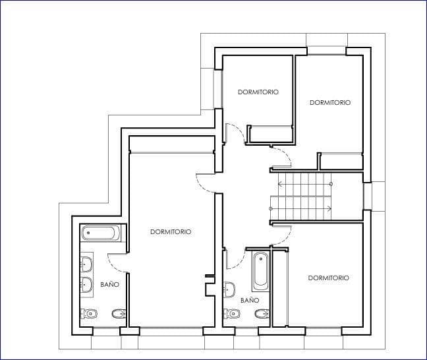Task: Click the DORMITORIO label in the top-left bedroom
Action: [x=258, y=92]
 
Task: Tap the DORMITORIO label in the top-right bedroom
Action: [x=329, y=103]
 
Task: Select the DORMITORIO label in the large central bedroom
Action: [x=171, y=232]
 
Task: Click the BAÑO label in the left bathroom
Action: [x=109, y=285]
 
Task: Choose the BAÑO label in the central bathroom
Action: [x=250, y=300]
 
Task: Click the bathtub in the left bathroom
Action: [x=101, y=233]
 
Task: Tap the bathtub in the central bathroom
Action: [x=261, y=270]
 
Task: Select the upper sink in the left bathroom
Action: [x=87, y=265]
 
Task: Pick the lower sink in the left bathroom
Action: [x=87, y=285]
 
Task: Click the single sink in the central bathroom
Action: [x=229, y=289]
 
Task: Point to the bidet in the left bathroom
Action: [x=118, y=313]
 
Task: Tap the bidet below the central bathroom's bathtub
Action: [x=261, y=314]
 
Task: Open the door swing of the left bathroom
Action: [x=117, y=263]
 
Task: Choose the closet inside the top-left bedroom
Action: [x=271, y=134]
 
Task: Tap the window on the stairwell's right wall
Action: [x=368, y=196]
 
